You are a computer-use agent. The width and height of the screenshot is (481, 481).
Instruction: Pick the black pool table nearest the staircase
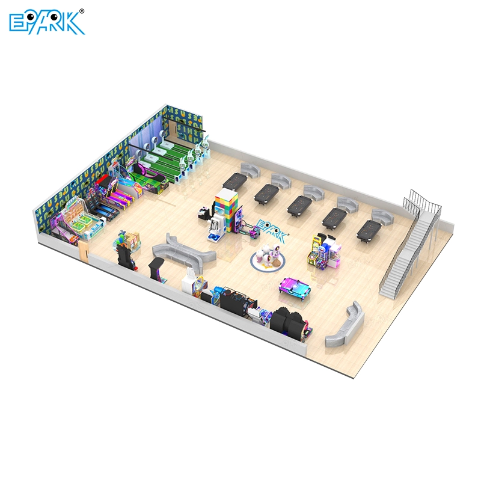click(368, 230)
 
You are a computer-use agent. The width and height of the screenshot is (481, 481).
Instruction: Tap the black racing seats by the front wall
click(283, 322)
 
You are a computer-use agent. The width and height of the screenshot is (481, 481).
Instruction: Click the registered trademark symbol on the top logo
click(82, 10)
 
